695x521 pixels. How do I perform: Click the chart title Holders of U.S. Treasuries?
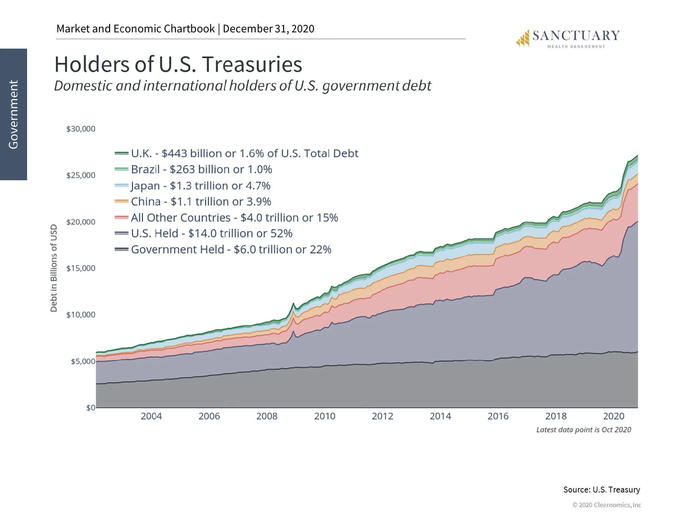pyautogui.click(x=178, y=65)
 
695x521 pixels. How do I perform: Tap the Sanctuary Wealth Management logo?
pyautogui.click(x=568, y=38)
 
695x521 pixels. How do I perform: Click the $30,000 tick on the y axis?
pyautogui.click(x=81, y=129)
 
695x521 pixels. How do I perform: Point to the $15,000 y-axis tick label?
pyautogui.click(x=81, y=268)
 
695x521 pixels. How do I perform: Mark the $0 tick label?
pyautogui.click(x=91, y=408)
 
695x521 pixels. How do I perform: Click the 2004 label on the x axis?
pyautogui.click(x=151, y=416)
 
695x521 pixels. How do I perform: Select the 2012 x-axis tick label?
pyautogui.click(x=382, y=416)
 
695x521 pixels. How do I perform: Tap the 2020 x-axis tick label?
pyautogui.click(x=613, y=416)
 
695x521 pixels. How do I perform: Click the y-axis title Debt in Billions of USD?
pyautogui.click(x=54, y=268)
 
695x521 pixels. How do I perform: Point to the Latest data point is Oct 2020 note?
pyautogui.click(x=583, y=430)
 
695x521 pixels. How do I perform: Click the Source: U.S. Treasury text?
pyautogui.click(x=601, y=490)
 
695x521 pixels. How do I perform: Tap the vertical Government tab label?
pyautogui.click(x=14, y=114)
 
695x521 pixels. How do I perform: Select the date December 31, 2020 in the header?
pyautogui.click(x=268, y=29)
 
